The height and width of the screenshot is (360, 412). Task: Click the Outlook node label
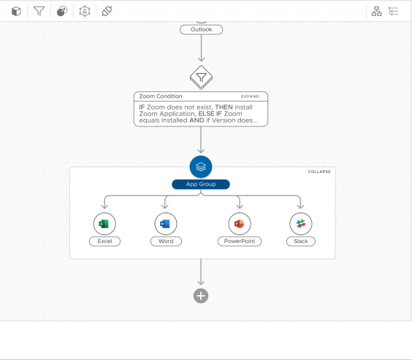202,29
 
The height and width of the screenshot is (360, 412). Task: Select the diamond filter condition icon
202,77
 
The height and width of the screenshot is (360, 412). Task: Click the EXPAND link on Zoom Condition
250,96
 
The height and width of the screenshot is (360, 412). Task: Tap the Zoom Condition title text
161,96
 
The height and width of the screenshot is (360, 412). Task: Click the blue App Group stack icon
201,166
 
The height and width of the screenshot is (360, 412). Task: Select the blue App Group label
201,184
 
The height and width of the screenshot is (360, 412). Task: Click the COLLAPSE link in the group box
319,172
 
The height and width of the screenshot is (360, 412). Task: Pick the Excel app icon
104,223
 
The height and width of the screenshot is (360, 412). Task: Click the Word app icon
166,223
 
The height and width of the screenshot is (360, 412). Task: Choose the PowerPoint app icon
240,223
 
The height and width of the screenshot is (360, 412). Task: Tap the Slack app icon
301,223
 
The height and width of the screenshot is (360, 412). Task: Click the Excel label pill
105,241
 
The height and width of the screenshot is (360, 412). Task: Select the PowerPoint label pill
240,241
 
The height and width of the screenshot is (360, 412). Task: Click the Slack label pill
301,241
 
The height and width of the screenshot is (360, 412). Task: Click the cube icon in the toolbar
16,11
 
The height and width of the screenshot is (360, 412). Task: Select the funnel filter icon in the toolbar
39,11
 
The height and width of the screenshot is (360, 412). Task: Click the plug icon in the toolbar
107,11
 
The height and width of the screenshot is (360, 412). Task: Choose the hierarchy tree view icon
376,11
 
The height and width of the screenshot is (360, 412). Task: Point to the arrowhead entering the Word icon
165,207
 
